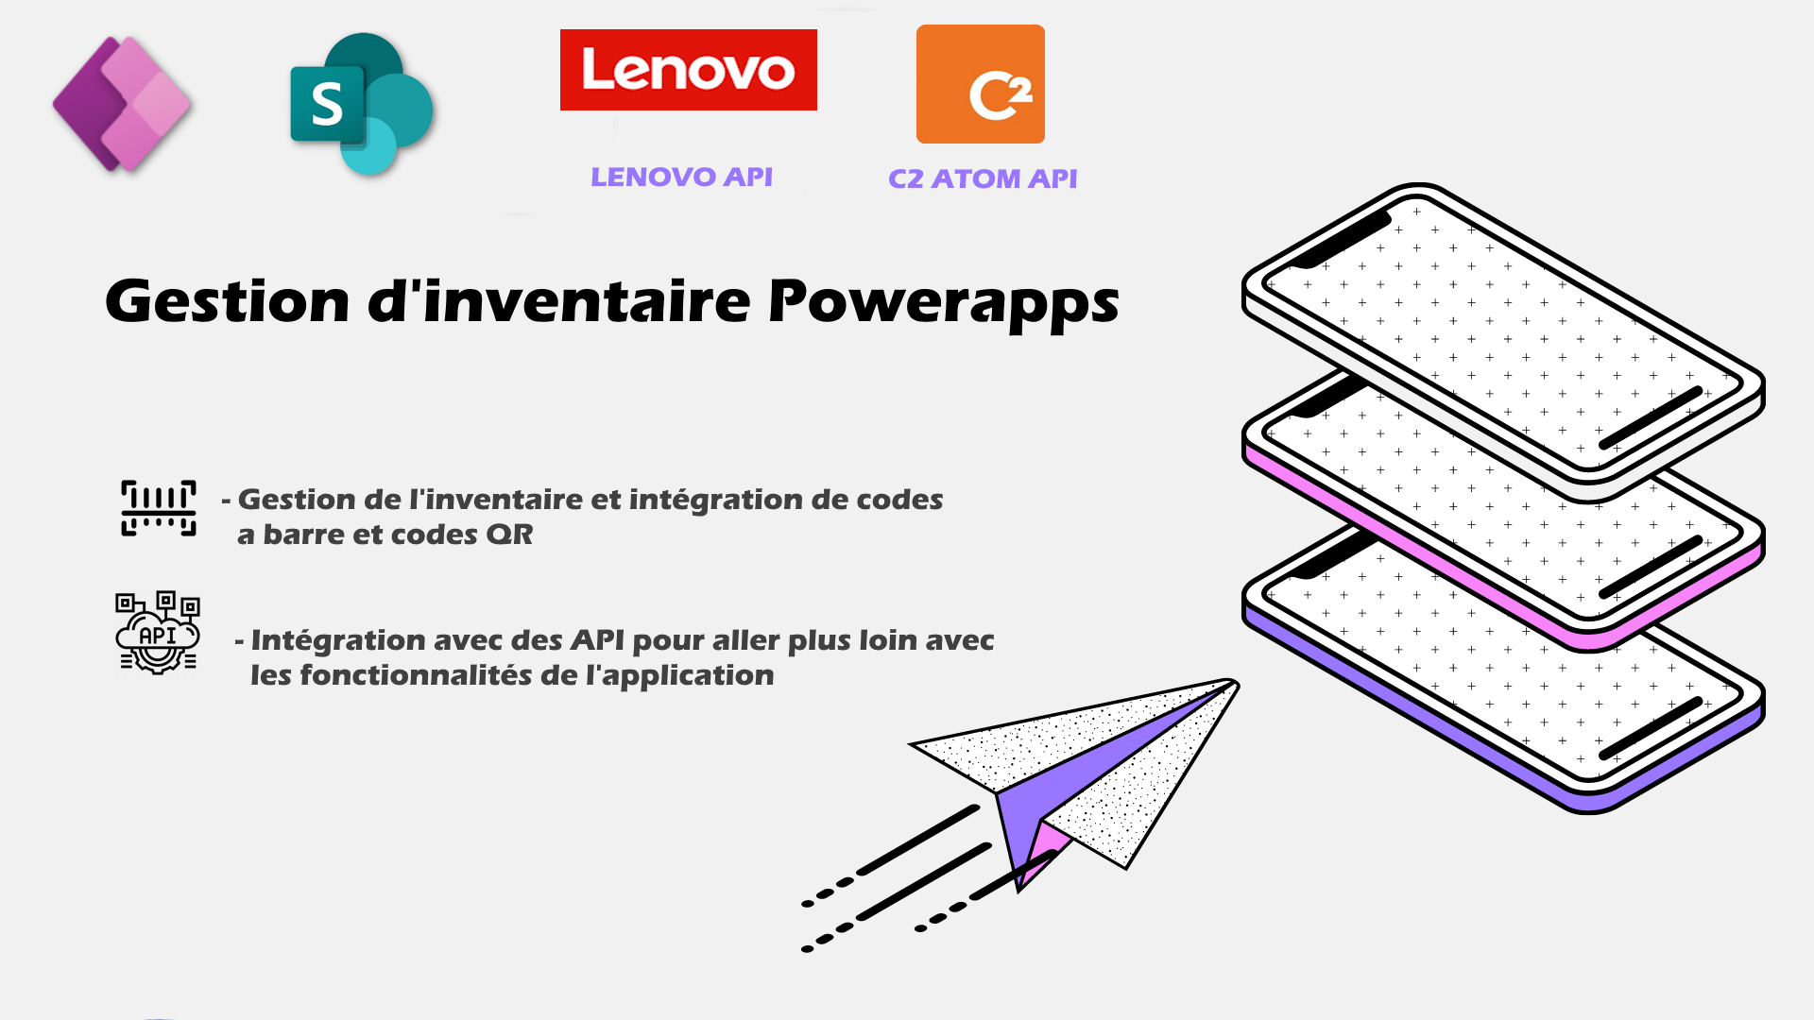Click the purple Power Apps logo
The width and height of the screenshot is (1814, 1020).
point(122,104)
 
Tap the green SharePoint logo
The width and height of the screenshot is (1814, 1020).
point(362,104)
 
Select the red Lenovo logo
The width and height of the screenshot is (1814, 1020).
point(689,70)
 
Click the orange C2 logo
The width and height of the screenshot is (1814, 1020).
point(981,84)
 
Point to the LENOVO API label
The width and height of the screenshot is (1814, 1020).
point(681,177)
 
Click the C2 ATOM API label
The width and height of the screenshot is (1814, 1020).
point(983,178)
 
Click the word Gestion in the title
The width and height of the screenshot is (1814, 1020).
point(228,301)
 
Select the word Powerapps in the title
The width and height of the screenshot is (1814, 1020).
point(944,304)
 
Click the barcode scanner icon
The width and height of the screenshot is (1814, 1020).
point(159,508)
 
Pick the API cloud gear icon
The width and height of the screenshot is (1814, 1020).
point(158,633)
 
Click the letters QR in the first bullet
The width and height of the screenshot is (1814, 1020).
point(509,535)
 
